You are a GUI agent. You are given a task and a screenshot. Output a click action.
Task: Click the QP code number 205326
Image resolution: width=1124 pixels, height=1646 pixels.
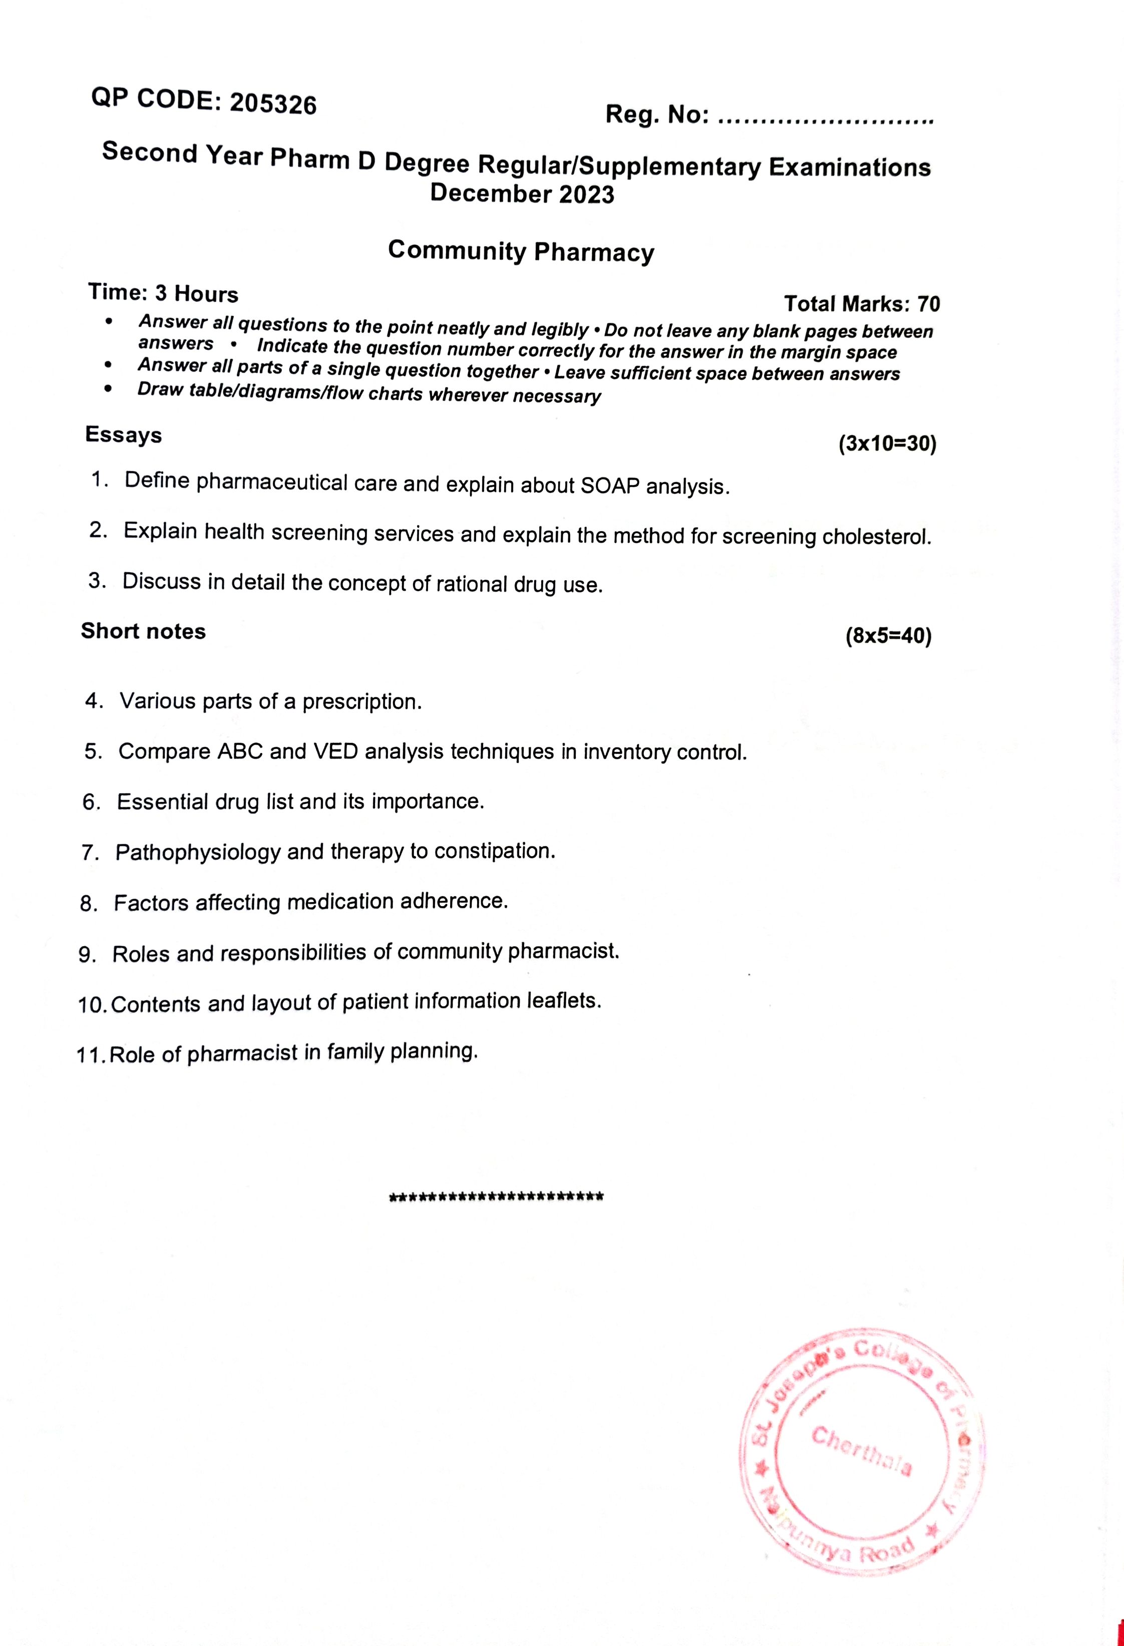point(273,104)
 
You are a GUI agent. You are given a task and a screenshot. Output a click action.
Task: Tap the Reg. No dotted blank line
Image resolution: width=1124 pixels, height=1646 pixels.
point(826,120)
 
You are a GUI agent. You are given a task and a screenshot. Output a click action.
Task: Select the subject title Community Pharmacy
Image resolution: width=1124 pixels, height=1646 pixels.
point(521,251)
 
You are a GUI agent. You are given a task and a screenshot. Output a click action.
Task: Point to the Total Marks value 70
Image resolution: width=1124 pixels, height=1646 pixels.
point(929,304)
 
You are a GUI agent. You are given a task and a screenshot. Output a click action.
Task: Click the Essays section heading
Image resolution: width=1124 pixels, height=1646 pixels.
point(123,434)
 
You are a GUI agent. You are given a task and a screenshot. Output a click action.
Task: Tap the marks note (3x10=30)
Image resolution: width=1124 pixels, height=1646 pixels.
point(887,444)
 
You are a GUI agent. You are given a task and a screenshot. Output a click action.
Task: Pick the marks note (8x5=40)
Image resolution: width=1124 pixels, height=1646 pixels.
point(888,636)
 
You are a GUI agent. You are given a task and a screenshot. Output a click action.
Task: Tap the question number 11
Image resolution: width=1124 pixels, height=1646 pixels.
point(90,1055)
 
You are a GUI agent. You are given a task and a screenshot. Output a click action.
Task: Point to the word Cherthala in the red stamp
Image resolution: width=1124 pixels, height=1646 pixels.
point(861,1448)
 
